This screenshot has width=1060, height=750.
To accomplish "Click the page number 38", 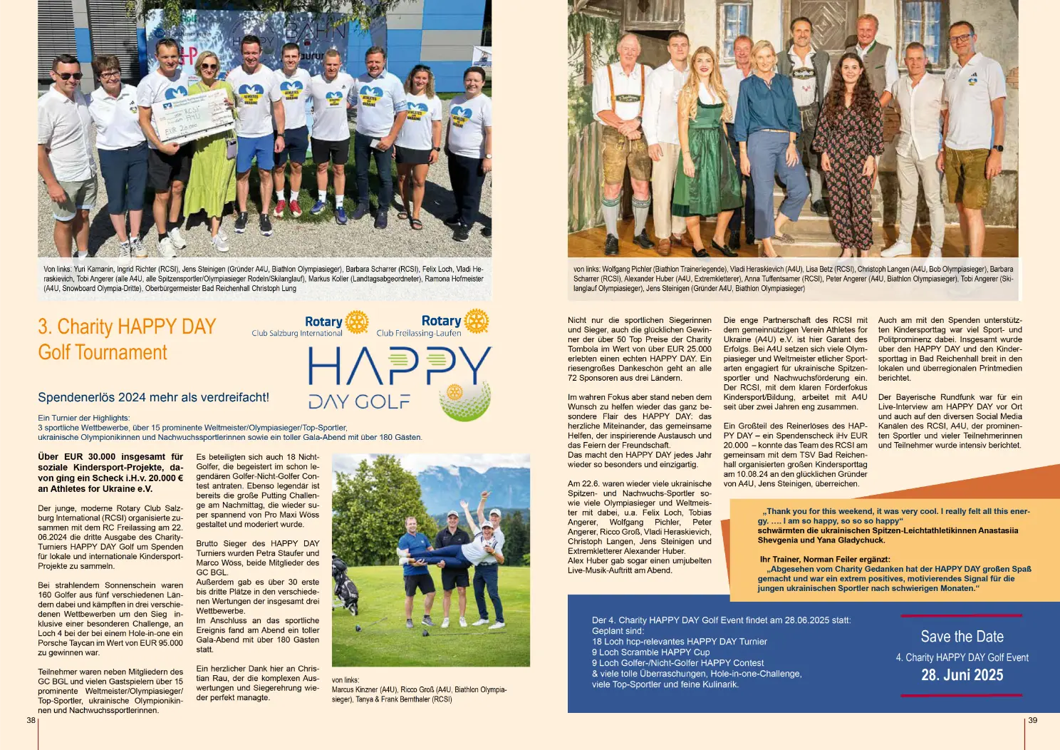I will click(31, 720).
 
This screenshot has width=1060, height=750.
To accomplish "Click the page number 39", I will click(1032, 720).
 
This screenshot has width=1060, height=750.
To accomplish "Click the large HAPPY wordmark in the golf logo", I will click(399, 367).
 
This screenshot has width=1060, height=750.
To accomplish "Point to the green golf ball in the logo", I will click(464, 402).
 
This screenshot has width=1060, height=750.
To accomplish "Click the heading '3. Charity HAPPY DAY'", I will click(127, 327).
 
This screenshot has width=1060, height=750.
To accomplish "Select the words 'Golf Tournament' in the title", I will click(103, 352).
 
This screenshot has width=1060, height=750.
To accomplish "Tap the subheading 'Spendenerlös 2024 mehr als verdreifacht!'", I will click(153, 397).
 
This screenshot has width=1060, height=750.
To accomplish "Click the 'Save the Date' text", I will click(962, 637).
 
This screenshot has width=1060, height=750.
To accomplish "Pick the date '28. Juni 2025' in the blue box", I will click(962, 675).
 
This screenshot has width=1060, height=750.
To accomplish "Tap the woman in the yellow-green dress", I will click(209, 143).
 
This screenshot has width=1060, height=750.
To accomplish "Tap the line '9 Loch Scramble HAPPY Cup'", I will click(650, 652).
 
